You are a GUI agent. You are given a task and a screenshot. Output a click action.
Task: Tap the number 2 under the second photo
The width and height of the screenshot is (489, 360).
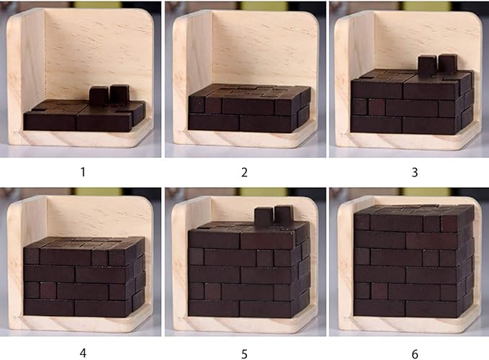pos(244,172)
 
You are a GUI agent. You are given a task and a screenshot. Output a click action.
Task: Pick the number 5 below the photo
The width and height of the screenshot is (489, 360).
pos(244,354)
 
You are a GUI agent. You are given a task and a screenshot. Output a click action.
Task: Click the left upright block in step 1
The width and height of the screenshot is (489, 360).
pos(99,95)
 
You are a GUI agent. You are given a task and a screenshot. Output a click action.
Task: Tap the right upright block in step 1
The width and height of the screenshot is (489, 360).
pos(119,93)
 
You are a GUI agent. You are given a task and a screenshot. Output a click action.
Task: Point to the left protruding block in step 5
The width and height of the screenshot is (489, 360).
pos(264,215)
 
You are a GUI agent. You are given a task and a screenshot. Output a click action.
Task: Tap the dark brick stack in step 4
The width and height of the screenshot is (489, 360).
pos(84,277)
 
